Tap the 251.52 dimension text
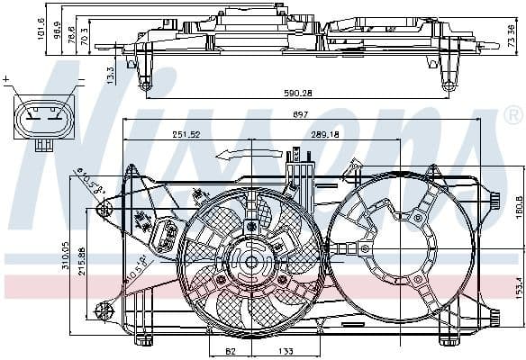click(x=186, y=135)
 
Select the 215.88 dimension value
click(x=82, y=261)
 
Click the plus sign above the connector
click(x=8, y=80)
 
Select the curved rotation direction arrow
click(x=240, y=153)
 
